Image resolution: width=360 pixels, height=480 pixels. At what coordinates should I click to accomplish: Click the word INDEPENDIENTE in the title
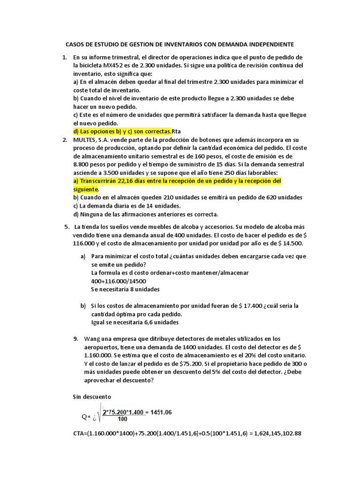[x=267, y=45]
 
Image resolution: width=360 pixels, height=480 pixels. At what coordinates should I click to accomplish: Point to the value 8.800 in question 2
[x=83, y=165]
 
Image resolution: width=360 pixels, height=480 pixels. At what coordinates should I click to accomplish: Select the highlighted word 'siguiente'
[x=86, y=189]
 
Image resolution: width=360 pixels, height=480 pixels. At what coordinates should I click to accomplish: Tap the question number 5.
[x=67, y=227]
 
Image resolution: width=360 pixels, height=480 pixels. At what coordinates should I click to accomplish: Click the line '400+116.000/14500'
[x=119, y=281]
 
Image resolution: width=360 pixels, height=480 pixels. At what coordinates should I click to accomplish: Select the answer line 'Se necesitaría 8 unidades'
[x=125, y=289]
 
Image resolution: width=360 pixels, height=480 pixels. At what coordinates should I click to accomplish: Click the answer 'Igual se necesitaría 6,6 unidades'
[x=135, y=322]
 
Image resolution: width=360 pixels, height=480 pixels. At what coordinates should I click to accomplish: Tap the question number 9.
[x=75, y=338]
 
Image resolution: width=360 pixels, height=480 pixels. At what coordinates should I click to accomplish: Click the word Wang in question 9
[x=92, y=338]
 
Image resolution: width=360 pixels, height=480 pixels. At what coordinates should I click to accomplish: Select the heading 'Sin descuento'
[x=92, y=397]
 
